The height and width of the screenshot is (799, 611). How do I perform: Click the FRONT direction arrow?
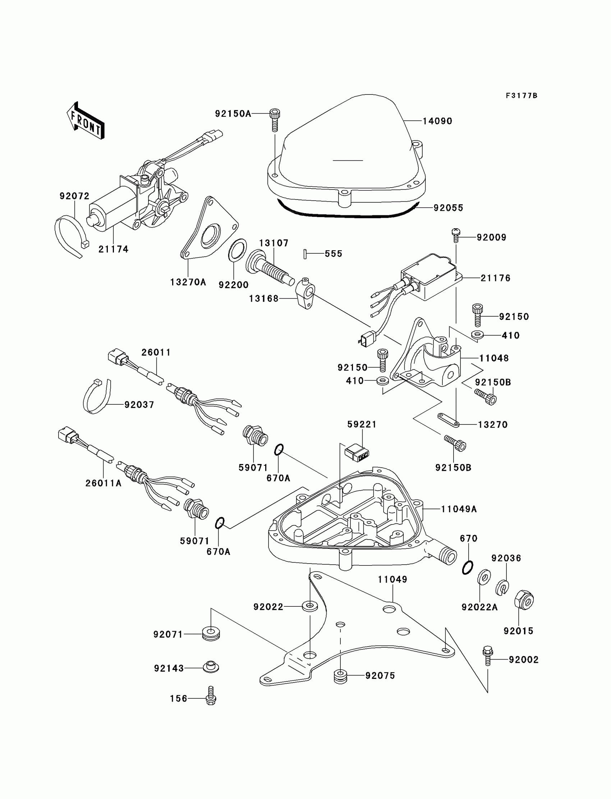tap(86, 121)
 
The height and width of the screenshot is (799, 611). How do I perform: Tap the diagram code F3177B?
tap(522, 96)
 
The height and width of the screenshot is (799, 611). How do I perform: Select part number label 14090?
tap(437, 121)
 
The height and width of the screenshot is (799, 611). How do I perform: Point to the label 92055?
tap(449, 208)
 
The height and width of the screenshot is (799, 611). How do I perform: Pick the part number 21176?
tap(495, 278)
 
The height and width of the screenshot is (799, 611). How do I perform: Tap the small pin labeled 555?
tap(305, 254)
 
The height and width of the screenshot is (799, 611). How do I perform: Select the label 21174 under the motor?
tap(114, 249)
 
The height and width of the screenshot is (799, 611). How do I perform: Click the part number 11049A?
tap(459, 509)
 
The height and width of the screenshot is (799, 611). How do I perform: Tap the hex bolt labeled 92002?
tap(487, 655)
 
